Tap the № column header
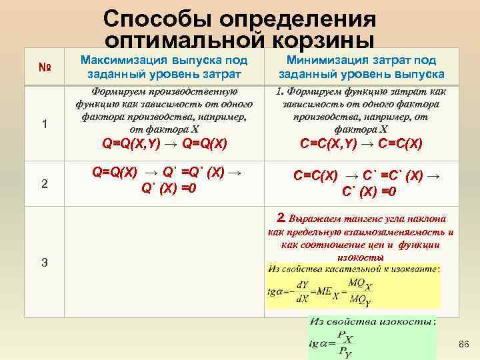44,67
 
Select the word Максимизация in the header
119,60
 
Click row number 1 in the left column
44,124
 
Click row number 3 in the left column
44,262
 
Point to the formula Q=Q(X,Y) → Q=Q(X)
164,143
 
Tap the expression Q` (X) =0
168,187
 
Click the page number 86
464,343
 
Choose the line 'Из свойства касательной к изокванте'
353,269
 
